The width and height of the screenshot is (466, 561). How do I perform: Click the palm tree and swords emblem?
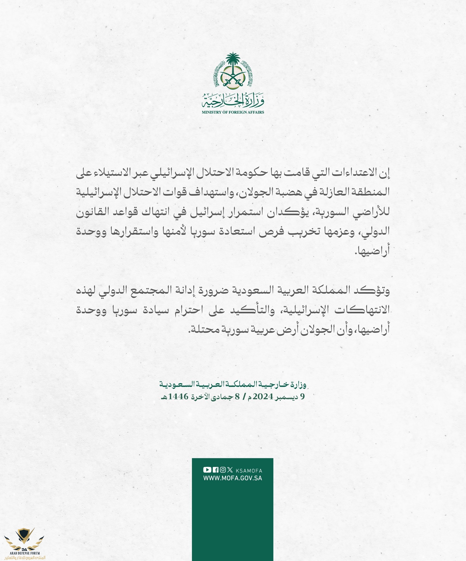233,70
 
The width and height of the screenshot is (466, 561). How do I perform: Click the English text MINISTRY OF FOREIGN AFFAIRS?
233,112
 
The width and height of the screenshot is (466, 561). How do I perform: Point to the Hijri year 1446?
178,397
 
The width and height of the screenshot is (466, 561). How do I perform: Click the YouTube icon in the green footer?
207,470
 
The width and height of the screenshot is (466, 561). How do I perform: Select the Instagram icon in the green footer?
223,470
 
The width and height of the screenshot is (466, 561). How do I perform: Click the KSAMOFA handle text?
249,471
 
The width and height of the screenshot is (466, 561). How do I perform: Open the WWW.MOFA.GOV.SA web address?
233,478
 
